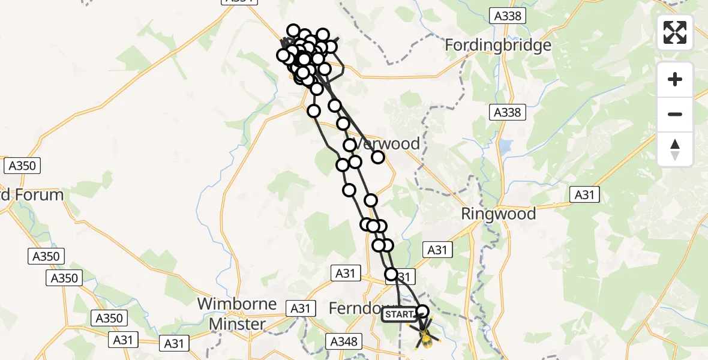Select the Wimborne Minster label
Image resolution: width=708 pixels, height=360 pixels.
pyautogui.click(x=237, y=314)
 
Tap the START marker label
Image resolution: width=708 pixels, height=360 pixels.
pyautogui.click(x=399, y=314)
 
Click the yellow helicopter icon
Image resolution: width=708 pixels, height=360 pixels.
pyautogui.click(x=424, y=337)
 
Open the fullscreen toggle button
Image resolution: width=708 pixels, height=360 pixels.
pyautogui.click(x=675, y=32)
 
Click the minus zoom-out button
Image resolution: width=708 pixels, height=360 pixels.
pyautogui.click(x=675, y=114)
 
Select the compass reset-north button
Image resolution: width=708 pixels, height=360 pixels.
pyautogui.click(x=675, y=149)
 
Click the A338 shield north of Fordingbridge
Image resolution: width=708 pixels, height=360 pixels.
pyautogui.click(x=508, y=16)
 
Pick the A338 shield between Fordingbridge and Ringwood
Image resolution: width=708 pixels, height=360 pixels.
pyautogui.click(x=508, y=112)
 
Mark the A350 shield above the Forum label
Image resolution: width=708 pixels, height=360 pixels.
pyautogui.click(x=22, y=166)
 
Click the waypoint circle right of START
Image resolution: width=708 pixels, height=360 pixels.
pyautogui.click(x=423, y=311)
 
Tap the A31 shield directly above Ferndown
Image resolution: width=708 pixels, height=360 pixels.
pyautogui.click(x=345, y=274)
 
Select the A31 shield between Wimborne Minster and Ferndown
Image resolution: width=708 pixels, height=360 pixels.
pyautogui.click(x=301, y=308)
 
